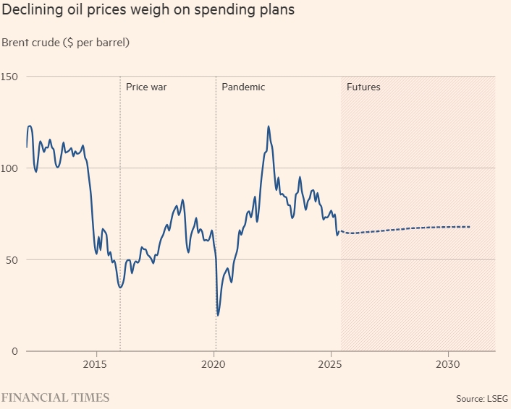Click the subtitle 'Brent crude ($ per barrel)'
65,43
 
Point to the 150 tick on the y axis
9,77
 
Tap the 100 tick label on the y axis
9,168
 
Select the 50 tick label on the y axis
12,259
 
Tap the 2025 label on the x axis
331,363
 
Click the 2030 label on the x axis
448,363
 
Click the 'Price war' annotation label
146,87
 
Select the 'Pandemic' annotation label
243,87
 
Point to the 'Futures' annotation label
363,87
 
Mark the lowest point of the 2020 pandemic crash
218,315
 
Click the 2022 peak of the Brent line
269,126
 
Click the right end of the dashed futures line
470,227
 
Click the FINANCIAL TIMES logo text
55,397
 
